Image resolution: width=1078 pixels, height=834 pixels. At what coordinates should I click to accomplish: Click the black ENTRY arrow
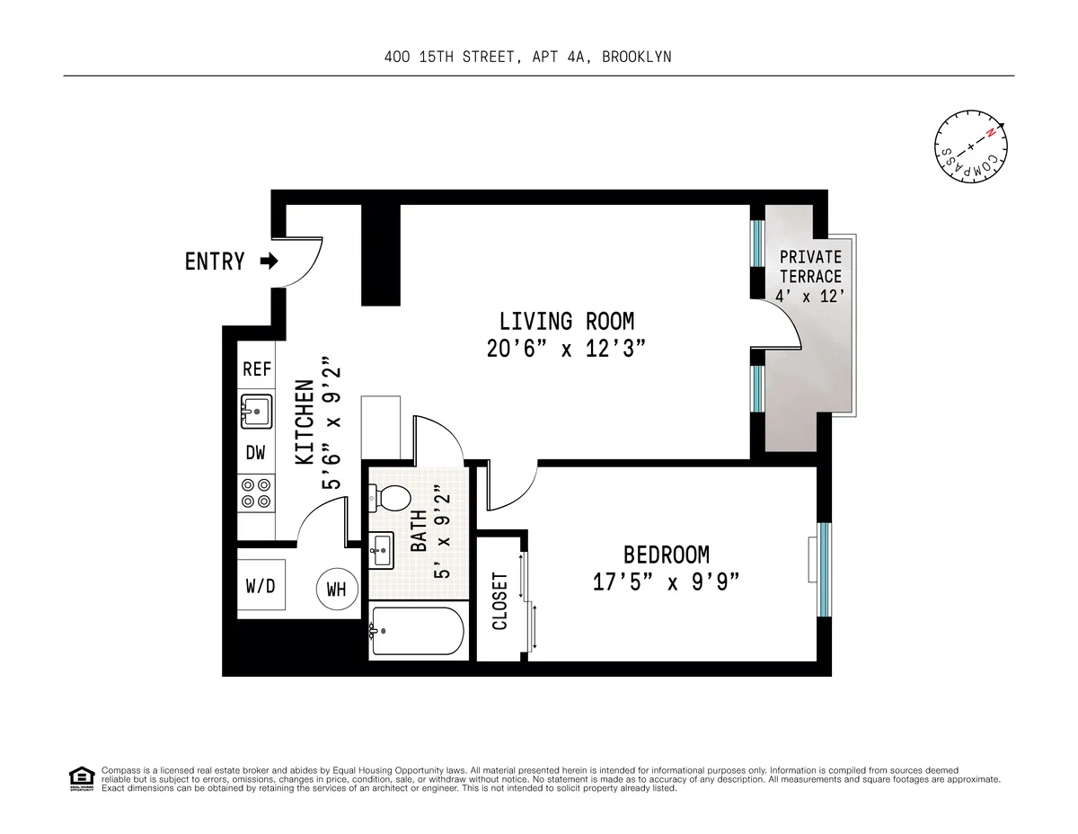[268, 262]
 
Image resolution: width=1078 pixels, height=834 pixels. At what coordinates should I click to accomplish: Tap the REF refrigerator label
[257, 369]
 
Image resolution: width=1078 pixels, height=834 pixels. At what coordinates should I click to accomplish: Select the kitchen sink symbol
[257, 412]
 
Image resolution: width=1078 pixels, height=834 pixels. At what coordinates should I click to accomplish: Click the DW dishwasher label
[256, 452]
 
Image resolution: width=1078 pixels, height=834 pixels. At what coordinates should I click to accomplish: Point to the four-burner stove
[256, 492]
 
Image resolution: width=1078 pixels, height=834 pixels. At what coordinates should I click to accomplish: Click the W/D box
[261, 586]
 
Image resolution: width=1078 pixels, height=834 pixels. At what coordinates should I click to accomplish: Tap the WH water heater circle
[336, 590]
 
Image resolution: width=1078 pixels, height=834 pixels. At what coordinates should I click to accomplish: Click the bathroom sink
[381, 548]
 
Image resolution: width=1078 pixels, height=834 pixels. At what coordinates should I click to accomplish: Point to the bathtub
[417, 631]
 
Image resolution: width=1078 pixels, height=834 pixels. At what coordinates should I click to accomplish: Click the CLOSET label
[500, 600]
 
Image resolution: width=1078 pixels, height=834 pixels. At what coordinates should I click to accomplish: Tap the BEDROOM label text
[666, 555]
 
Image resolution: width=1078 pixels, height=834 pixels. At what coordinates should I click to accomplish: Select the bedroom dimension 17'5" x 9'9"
[666, 582]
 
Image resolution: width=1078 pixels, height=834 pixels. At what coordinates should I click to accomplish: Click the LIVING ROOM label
[566, 321]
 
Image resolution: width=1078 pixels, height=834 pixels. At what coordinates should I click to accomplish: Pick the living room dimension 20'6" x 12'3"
[566, 349]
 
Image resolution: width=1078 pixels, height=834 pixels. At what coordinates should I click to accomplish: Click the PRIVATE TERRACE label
[810, 267]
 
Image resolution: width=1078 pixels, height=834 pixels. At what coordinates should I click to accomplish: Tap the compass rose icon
[969, 146]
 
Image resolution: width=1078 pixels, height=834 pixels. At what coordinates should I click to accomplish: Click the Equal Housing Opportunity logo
[81, 778]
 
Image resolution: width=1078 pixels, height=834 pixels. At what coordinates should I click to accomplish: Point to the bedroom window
[823, 569]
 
